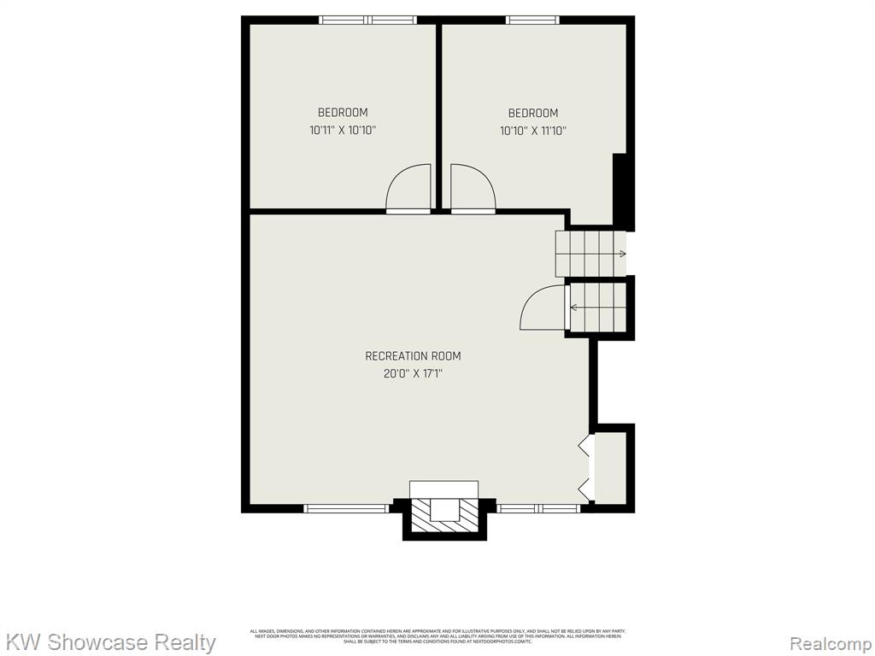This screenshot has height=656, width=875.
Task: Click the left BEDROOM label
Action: pyautogui.click(x=343, y=113)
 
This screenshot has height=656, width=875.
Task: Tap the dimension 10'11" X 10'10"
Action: pyautogui.click(x=343, y=131)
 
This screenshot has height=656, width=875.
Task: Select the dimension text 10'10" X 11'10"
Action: pyautogui.click(x=533, y=131)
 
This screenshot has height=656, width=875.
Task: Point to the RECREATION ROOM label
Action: pyautogui.click(x=413, y=356)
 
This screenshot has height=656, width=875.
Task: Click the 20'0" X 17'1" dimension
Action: pyautogui.click(x=413, y=374)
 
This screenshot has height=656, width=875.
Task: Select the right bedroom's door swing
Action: pyautogui.click(x=472, y=189)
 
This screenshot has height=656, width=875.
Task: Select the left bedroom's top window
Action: pyautogui.click(x=367, y=20)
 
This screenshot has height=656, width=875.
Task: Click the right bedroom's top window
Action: pyautogui.click(x=532, y=20)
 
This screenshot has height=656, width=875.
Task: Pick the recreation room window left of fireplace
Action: pyautogui.click(x=347, y=508)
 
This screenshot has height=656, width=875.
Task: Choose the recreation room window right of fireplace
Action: pyautogui.click(x=538, y=508)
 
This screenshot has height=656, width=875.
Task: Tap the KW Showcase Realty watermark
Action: pyautogui.click(x=111, y=641)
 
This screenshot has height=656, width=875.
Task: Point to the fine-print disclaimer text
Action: pyautogui.click(x=437, y=635)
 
